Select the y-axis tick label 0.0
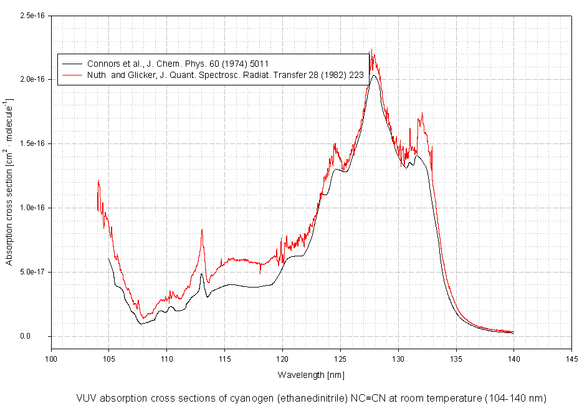pos(40,336)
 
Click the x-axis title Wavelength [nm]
pos(311,375)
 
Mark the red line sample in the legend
pos(70,76)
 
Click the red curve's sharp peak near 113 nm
pos(202,230)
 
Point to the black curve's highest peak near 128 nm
pos(374,75)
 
